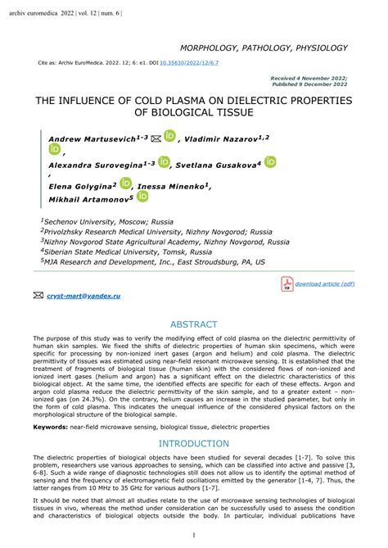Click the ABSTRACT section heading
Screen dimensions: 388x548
pyautogui.click(x=193, y=324)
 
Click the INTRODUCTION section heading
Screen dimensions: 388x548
pyautogui.click(x=193, y=444)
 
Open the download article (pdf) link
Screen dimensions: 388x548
pyautogui.click(x=325, y=283)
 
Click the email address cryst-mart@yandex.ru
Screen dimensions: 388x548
pyautogui.click(x=83, y=294)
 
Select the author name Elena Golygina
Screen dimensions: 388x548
pyautogui.click(x=80, y=187)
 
